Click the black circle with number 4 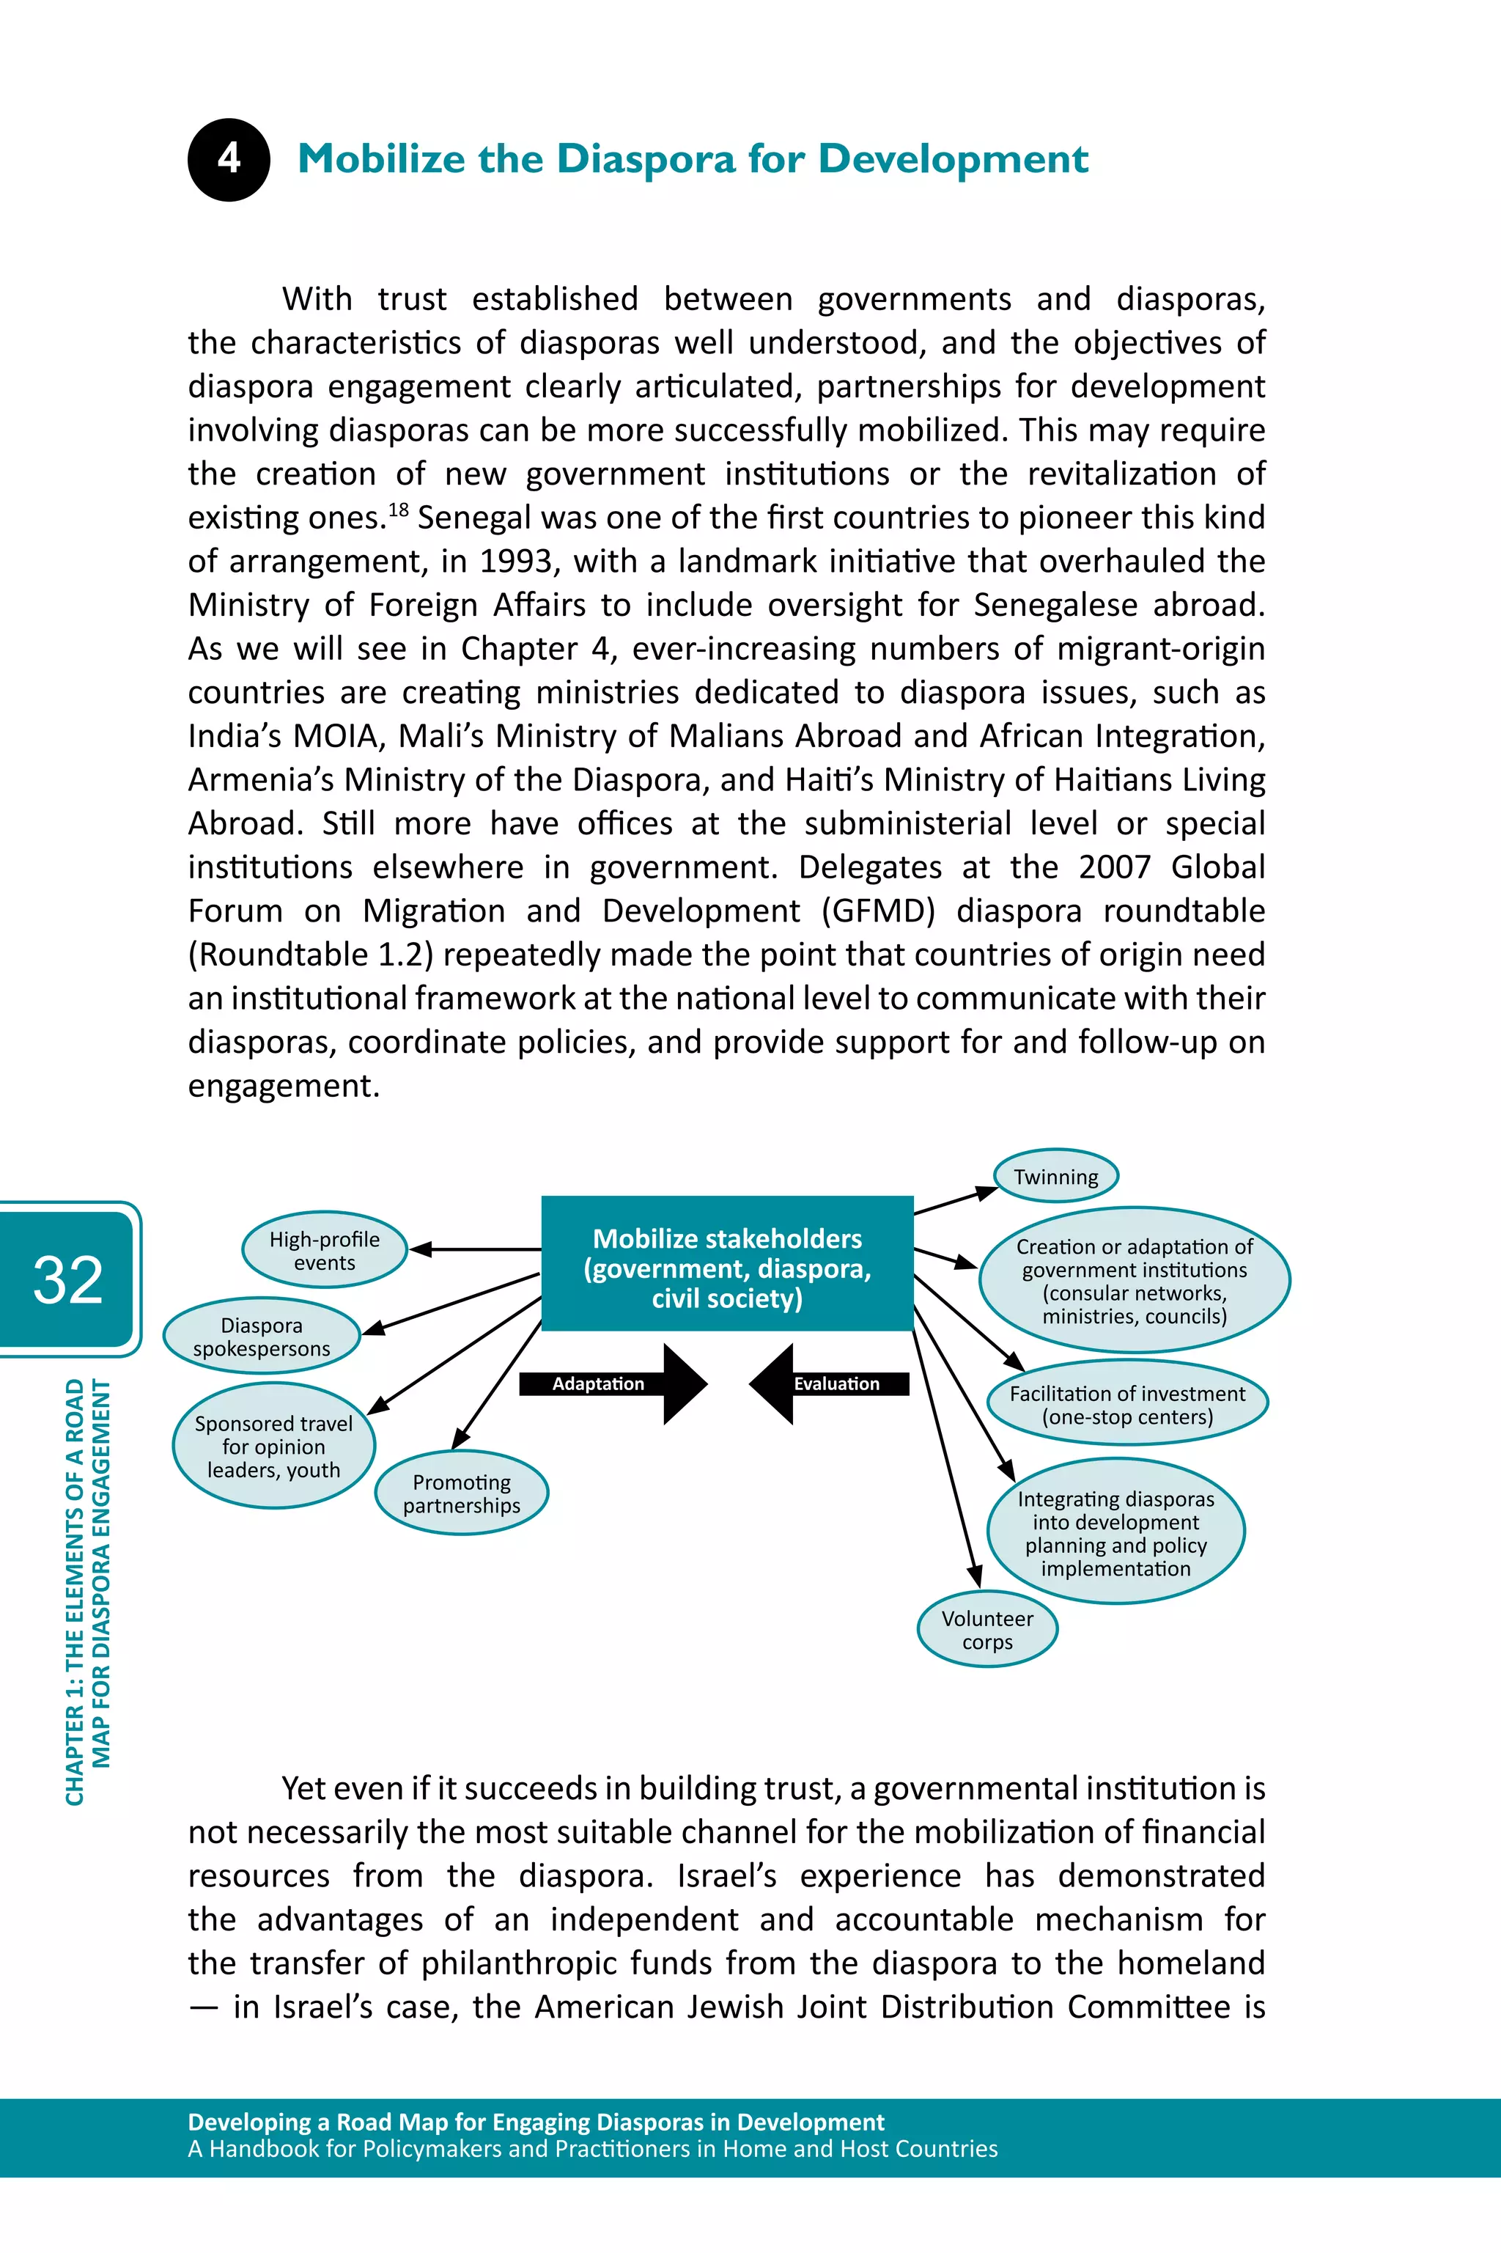coord(229,159)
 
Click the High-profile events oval coord(325,1251)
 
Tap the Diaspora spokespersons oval coord(262,1337)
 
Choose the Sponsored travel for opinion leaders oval coord(274,1446)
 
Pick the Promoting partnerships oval coord(462,1493)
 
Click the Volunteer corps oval coord(987,1630)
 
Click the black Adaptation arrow coord(613,1383)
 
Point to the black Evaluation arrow coord(829,1383)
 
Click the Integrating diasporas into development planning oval coord(1115,1533)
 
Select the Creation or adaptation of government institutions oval coord(1135,1281)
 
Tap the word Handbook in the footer coord(263,2149)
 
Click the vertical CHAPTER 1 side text coord(87,1589)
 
